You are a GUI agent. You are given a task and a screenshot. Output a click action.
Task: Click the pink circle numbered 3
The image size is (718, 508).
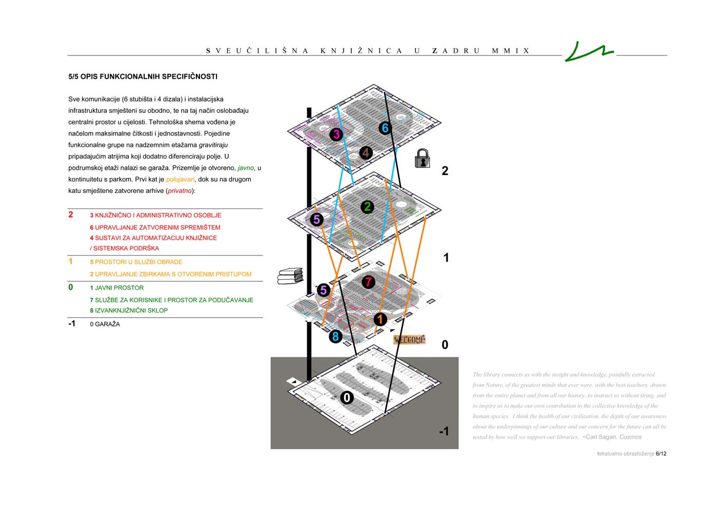tap(336, 134)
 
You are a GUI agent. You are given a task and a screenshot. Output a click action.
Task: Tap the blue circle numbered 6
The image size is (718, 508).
tap(385, 128)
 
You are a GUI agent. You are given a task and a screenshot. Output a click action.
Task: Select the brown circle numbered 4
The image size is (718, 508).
tap(366, 152)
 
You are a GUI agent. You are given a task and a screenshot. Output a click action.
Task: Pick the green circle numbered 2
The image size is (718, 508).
tap(367, 207)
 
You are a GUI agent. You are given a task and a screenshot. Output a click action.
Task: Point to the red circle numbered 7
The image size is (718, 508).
tap(368, 282)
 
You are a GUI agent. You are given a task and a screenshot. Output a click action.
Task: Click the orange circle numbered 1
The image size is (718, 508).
tap(380, 319)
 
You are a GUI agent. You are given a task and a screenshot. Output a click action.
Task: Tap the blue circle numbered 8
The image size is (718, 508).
tap(335, 337)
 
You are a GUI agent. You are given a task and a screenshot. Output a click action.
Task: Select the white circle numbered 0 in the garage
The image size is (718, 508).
tap(347, 398)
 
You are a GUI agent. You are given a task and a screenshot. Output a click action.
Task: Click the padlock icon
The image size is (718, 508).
tap(422, 159)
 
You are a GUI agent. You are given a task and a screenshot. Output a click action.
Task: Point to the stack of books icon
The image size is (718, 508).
tap(290, 276)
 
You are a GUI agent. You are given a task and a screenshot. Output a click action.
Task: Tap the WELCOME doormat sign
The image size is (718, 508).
tap(409, 340)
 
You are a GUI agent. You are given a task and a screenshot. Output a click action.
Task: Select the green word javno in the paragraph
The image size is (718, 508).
tap(246, 168)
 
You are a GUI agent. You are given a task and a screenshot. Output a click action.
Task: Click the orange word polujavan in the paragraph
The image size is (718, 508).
tap(180, 179)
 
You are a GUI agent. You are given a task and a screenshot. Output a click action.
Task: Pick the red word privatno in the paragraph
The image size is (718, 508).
tap(180, 191)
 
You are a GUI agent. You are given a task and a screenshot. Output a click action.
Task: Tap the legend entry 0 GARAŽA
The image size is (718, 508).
tap(105, 324)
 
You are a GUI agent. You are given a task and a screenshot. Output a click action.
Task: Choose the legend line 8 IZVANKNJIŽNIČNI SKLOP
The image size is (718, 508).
tap(129, 310)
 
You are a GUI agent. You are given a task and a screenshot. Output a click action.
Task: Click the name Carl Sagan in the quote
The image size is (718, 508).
tap(600, 437)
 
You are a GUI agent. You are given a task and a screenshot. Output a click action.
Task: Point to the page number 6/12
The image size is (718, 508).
tap(661, 454)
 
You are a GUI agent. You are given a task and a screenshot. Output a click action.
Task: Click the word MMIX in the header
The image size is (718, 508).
tap(510, 51)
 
